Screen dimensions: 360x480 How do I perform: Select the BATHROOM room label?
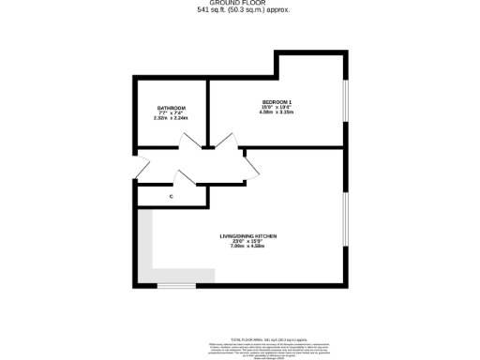coord(172,109)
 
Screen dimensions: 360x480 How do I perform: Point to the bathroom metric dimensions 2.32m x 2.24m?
coord(172,119)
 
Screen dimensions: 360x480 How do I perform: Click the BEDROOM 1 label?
coord(277,101)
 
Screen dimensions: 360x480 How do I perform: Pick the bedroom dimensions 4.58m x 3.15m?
coord(277,112)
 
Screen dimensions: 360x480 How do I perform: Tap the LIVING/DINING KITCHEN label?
coord(248,235)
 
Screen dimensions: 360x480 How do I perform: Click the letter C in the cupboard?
coord(171,197)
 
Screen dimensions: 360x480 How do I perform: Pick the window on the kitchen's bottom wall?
coord(175,284)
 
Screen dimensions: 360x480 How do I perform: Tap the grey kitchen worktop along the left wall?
coord(145,244)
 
